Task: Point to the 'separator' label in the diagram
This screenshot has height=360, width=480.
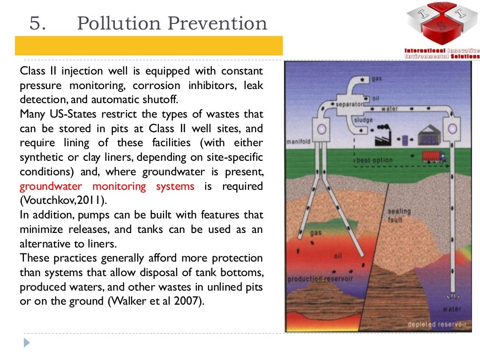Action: coord(349,105)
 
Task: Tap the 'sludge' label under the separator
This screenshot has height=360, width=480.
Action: coord(363,120)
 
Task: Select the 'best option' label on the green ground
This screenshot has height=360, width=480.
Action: coord(374,160)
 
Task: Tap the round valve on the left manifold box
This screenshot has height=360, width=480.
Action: coord(322,128)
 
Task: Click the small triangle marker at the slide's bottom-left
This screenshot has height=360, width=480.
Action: coord(27,343)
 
